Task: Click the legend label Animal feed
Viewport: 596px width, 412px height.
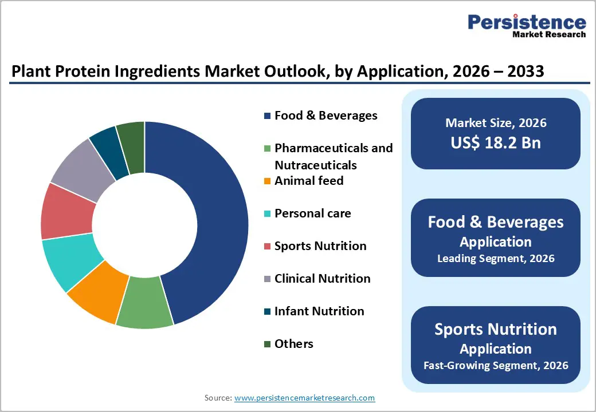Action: click(x=309, y=181)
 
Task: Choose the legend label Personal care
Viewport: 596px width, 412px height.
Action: click(x=312, y=213)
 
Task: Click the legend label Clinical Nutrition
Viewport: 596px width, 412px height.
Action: click(x=322, y=279)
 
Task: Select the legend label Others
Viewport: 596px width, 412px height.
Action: click(x=293, y=344)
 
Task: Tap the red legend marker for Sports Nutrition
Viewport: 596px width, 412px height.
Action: click(x=267, y=247)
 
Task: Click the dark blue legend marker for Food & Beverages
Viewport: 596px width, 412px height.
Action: click(x=267, y=116)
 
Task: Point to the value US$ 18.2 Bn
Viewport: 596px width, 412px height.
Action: click(x=496, y=142)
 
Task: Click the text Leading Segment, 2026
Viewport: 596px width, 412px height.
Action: click(x=496, y=258)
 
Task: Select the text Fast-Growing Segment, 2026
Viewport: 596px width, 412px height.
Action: click(x=496, y=365)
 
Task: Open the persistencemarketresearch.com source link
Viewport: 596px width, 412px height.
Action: click(x=304, y=398)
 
